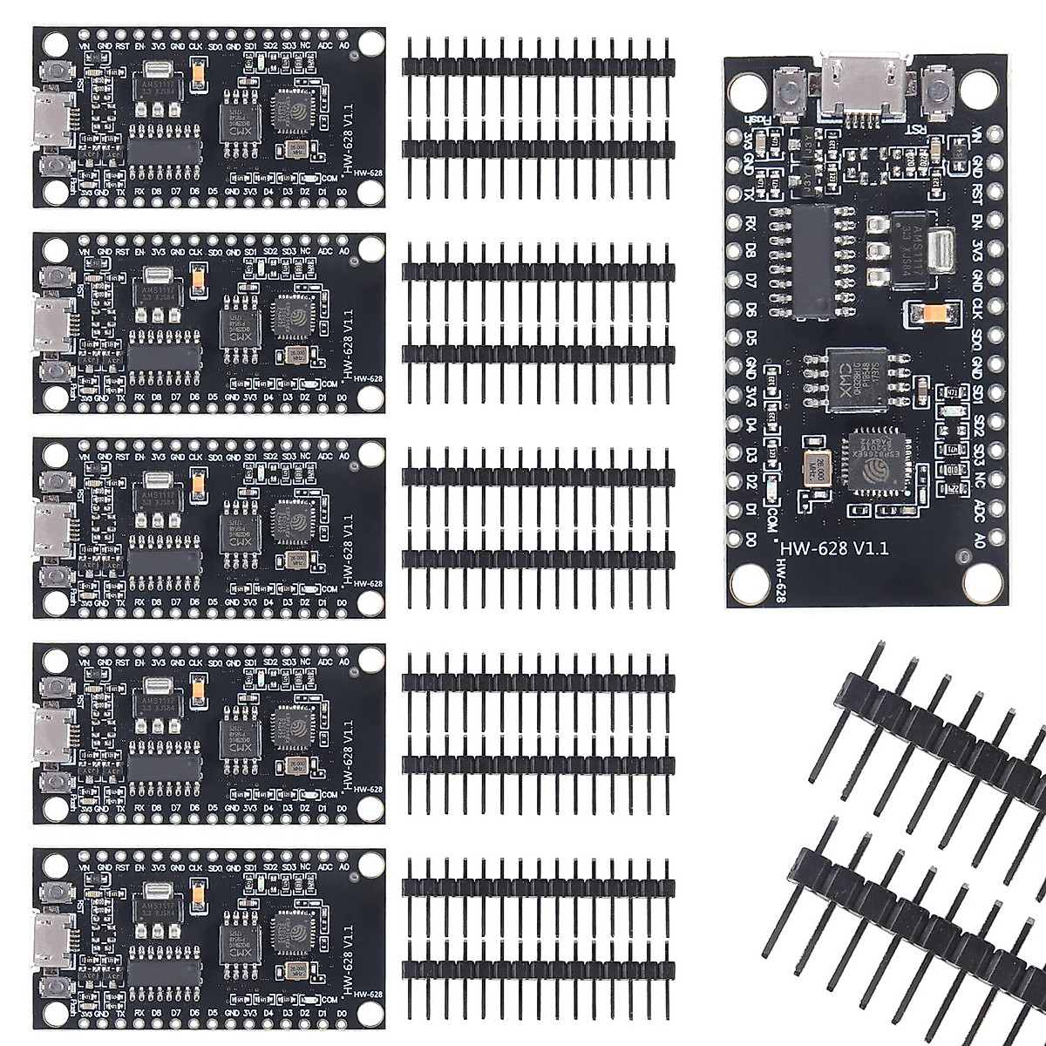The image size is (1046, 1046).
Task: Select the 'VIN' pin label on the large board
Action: (x=978, y=138)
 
